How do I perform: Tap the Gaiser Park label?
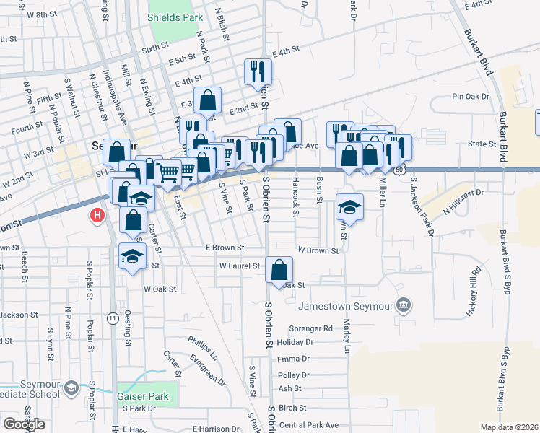tap(142, 396)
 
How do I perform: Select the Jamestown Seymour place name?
tap(347, 306)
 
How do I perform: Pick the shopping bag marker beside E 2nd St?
tap(208, 100)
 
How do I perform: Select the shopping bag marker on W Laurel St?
tap(279, 270)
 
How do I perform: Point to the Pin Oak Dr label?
tap(471, 96)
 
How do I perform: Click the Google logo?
tap(25, 424)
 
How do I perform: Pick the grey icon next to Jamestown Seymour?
tap(404, 305)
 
